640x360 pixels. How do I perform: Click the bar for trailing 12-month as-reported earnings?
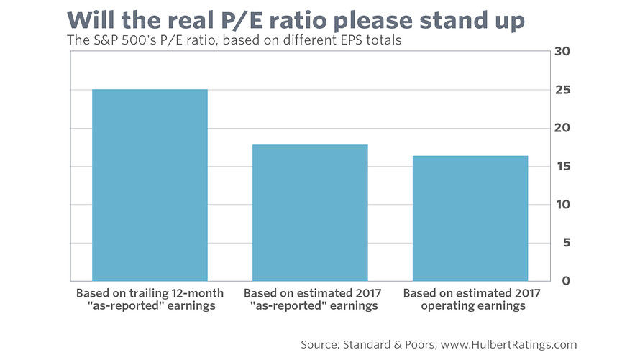150,185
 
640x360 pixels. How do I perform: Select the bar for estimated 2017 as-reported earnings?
310,213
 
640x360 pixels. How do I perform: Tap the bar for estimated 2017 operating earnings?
470,218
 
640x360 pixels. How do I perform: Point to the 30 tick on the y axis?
562,51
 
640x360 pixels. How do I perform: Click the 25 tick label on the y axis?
562,90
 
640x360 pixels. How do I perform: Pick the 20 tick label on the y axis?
562,128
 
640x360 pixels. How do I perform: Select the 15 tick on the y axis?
562,166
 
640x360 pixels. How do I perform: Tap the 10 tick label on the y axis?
563,205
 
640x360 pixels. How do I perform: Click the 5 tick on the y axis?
566,243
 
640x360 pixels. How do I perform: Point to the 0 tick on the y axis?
566,281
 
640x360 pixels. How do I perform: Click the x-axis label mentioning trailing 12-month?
150,299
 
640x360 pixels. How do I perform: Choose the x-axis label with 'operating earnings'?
472,299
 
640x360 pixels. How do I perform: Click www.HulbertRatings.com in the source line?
508,345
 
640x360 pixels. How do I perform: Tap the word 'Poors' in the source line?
421,345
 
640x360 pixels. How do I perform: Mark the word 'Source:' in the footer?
320,345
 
